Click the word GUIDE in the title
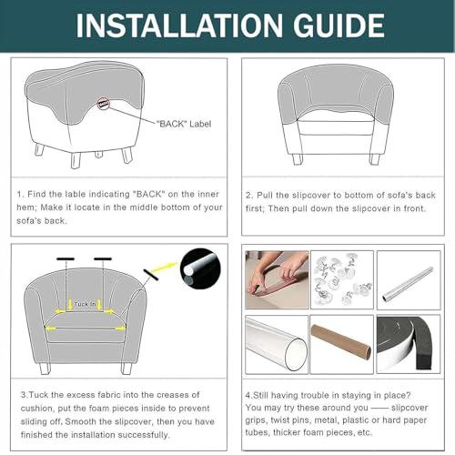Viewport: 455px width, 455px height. click(x=339, y=25)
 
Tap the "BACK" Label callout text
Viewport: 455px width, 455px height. click(x=184, y=124)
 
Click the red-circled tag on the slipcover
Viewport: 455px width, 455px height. click(x=104, y=104)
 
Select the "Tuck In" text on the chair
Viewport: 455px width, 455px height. click(x=85, y=304)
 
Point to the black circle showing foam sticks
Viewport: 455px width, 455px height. click(x=200, y=268)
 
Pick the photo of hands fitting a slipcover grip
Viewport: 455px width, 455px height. click(x=277, y=279)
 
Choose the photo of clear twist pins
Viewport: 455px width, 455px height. click(x=342, y=279)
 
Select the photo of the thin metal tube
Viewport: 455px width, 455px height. click(x=409, y=280)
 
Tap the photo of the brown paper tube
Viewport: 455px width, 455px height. click(x=342, y=344)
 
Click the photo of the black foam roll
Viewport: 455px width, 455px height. click(x=409, y=344)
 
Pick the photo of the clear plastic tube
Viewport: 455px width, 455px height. click(x=277, y=344)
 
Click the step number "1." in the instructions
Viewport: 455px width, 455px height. click(x=20, y=194)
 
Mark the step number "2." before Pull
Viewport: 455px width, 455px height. click(x=249, y=196)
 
